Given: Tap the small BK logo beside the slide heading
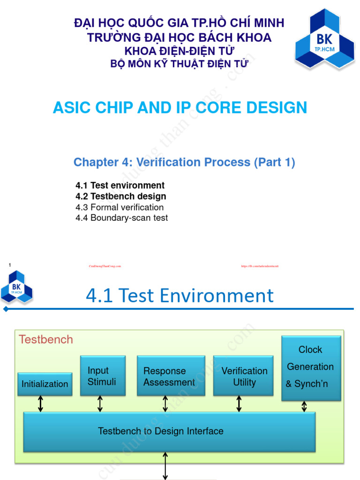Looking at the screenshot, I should point(16,286).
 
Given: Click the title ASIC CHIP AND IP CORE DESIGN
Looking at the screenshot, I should point(180,107).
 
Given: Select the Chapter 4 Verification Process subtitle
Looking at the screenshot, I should point(184,162).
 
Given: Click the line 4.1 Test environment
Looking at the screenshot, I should point(120,185).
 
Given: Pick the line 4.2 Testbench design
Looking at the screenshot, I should point(120,196).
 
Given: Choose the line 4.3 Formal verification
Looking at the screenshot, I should point(120,207).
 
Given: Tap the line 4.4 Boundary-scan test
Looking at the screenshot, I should point(121,218).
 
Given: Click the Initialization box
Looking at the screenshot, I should point(45,384).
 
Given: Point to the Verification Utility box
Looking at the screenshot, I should point(244,376).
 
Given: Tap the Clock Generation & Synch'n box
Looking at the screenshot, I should point(311,368).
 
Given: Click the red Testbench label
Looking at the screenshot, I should point(45,339).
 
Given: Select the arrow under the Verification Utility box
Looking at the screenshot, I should point(239,404).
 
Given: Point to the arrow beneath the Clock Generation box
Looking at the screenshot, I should point(304,406).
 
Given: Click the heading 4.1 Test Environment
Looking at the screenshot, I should point(180,296).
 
